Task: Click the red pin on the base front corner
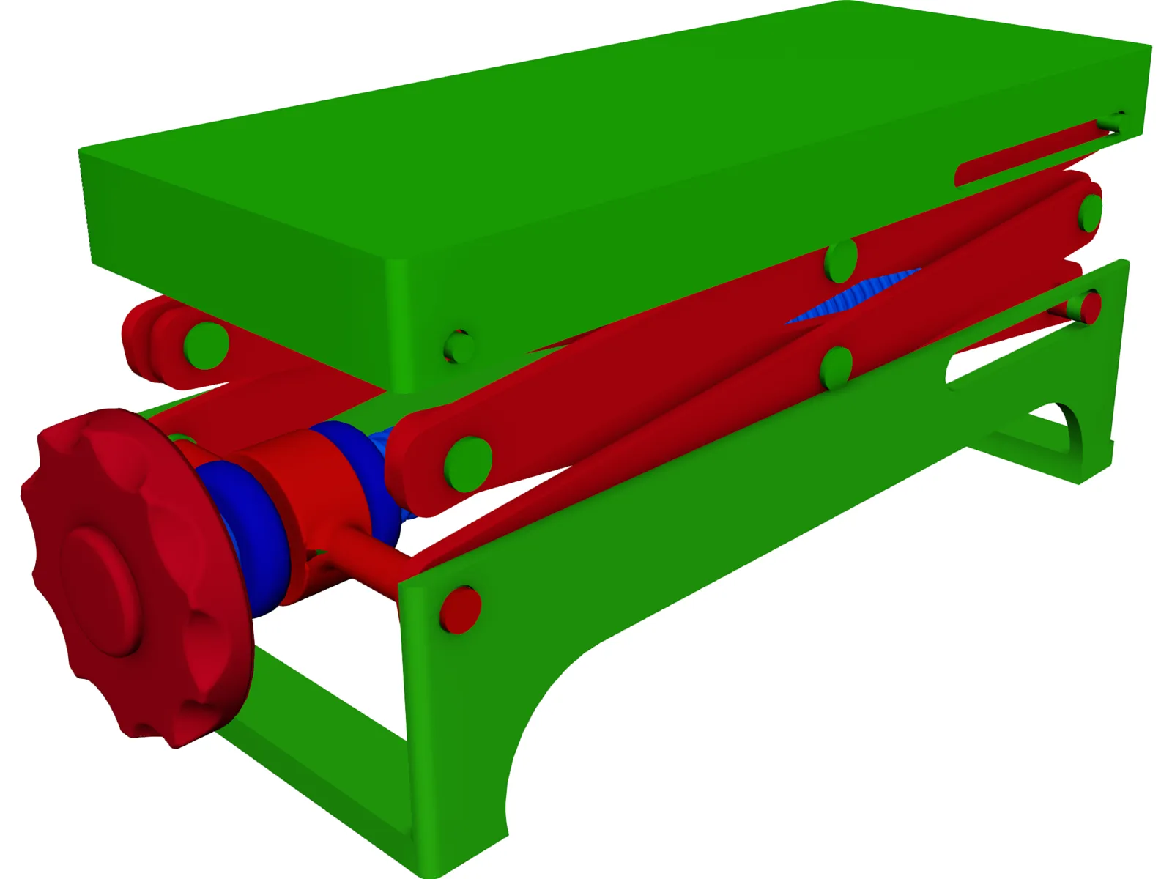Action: pos(460,609)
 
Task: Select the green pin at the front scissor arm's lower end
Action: pos(467,464)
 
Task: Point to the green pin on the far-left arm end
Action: pos(206,344)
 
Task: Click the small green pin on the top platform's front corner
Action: pos(459,346)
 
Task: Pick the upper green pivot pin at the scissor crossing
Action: pos(841,261)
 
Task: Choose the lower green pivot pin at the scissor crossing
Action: pos(836,368)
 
